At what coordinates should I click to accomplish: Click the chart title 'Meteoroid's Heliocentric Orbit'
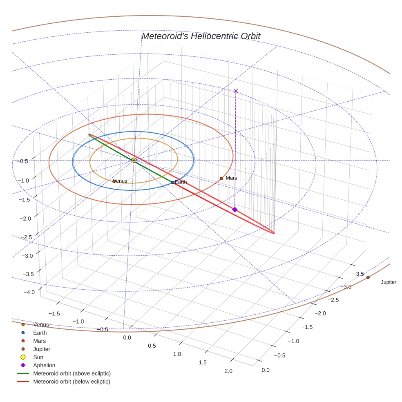point(201,36)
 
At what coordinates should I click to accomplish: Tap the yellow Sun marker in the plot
point(134,160)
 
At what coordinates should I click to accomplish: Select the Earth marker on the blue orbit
point(173,182)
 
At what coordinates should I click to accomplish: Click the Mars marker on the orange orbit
point(221,179)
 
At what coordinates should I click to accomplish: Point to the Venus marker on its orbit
point(114,181)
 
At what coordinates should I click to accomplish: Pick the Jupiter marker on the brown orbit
point(368,277)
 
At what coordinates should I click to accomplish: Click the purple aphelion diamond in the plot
point(234,210)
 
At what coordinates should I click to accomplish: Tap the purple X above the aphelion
point(235,91)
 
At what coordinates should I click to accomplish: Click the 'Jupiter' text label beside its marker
point(388,282)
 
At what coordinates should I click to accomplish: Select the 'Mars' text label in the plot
point(231,178)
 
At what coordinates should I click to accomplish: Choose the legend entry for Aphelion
point(44,365)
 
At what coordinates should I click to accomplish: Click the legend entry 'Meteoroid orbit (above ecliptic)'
point(72,373)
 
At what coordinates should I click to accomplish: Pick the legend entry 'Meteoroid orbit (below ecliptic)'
point(72,382)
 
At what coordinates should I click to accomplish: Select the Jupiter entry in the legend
point(42,349)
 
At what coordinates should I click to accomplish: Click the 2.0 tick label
point(228,371)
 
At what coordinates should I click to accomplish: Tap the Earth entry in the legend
point(40,333)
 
